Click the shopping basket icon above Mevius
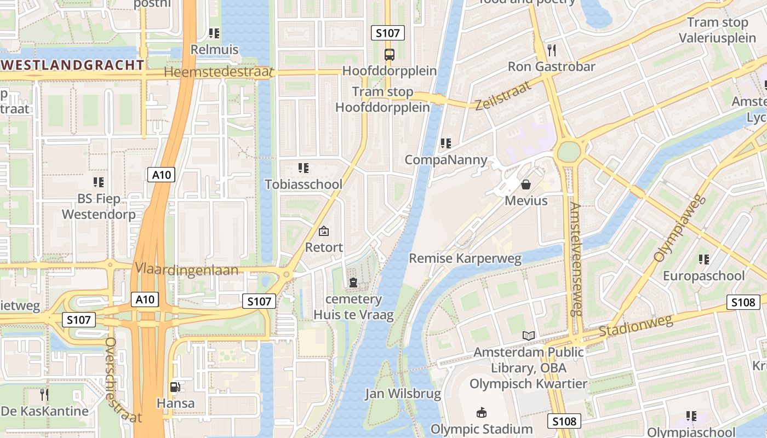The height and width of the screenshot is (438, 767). [526, 185]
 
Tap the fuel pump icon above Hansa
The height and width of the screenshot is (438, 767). [175, 387]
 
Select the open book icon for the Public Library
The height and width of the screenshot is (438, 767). [529, 336]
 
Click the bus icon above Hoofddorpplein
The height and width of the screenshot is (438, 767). [389, 55]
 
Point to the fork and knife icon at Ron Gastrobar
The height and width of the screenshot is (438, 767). [551, 50]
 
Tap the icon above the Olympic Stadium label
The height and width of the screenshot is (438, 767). [482, 412]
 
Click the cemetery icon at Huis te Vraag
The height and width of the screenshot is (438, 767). [353, 283]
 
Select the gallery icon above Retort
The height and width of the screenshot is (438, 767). [324, 231]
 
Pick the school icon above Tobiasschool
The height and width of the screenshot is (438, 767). [303, 168]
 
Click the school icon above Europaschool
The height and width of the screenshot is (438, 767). [704, 259]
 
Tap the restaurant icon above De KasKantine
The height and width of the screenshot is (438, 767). [44, 394]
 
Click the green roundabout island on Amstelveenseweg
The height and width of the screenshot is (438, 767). [570, 151]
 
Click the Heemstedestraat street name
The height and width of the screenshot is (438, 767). [218, 72]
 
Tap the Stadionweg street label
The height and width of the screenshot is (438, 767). [636, 326]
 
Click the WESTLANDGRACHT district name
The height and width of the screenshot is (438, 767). [72, 65]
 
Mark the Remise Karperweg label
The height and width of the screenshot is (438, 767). [465, 258]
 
